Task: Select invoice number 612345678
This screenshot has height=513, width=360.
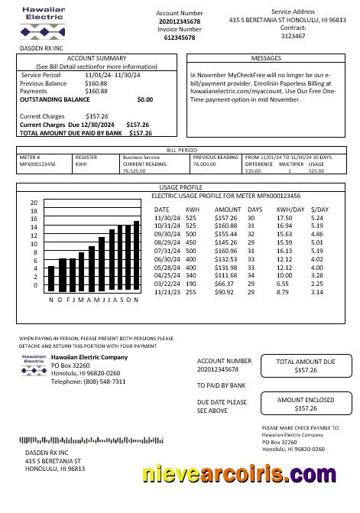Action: click(x=180, y=37)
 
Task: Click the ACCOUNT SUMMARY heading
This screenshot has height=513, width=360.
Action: click(x=97, y=58)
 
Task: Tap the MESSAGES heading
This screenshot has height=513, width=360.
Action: click(x=265, y=58)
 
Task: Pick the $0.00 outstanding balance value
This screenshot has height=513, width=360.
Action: click(x=144, y=99)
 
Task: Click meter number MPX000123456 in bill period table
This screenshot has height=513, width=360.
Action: click(x=37, y=164)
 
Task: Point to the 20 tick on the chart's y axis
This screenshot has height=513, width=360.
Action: click(x=34, y=203)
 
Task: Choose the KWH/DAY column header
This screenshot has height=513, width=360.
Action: click(x=290, y=209)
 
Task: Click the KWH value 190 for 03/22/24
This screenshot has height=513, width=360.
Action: click(x=190, y=284)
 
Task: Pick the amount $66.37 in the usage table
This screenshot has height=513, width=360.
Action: click(x=226, y=284)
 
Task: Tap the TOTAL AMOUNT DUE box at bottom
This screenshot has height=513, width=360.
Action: click(x=305, y=365)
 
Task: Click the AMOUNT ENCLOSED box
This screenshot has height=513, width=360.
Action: click(x=305, y=404)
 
